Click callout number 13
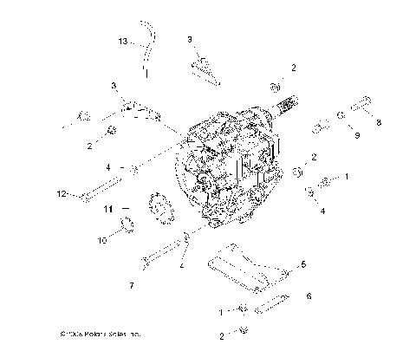pos(122,41)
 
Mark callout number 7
pos(132,284)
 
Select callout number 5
pos(302,263)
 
